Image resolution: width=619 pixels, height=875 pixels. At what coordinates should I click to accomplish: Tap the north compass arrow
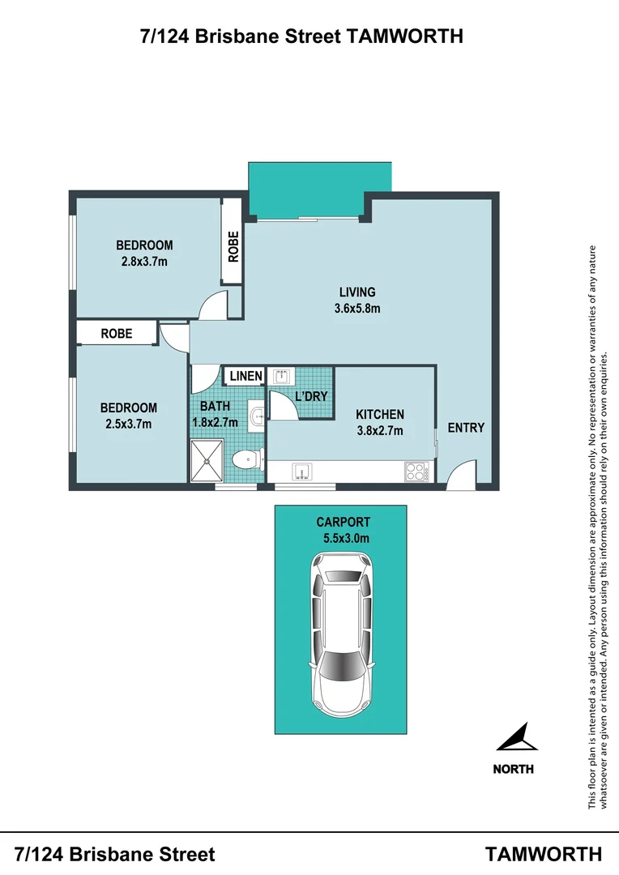(515, 740)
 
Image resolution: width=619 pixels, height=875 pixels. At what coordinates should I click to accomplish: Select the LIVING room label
(357, 292)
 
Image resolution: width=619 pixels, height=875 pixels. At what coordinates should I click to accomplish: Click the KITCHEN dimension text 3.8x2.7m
(379, 430)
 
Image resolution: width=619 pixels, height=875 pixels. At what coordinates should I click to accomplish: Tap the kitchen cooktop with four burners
(416, 471)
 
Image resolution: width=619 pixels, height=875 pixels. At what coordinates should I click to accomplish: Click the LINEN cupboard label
(245, 376)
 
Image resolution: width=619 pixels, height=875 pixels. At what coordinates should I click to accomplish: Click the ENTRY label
(466, 427)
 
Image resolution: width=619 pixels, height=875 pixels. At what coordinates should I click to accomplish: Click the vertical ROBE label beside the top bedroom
(233, 248)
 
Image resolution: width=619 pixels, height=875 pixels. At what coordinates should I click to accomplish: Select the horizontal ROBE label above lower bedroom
(117, 333)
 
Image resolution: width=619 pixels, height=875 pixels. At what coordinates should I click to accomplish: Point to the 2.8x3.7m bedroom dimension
(144, 261)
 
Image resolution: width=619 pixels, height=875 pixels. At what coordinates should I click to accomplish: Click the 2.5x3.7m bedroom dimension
(128, 423)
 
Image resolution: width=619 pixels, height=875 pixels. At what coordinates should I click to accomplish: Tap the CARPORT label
(344, 523)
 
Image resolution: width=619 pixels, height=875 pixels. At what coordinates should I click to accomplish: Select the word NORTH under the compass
(514, 769)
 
